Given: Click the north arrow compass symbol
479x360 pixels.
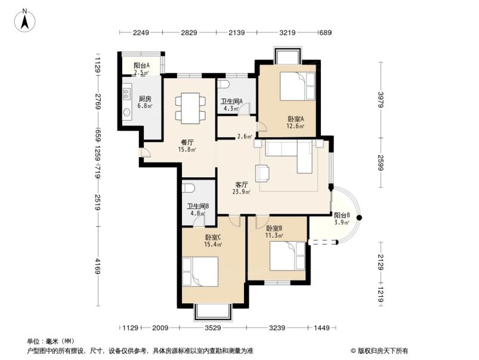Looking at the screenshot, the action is coord(24,20).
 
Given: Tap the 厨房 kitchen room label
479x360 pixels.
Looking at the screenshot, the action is coord(145,99).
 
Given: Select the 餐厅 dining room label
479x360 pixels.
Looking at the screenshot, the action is coord(187,142).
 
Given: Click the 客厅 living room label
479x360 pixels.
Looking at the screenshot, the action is coord(242,184).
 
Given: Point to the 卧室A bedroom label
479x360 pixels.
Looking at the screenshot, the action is coord(295,119).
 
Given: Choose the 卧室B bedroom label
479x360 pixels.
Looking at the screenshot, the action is coord(274,228).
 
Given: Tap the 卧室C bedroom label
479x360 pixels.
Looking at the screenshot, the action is coord(213,237).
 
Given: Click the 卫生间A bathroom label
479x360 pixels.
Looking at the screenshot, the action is coord(231,101).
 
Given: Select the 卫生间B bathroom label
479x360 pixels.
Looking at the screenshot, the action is coord(198,207).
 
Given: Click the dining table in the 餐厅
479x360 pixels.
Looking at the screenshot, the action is coord(190,108).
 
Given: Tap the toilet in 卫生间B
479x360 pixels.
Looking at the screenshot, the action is coord(188,188).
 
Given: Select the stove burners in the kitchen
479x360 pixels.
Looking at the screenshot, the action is coord(127,94).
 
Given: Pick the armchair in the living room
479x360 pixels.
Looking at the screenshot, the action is coord(262,173).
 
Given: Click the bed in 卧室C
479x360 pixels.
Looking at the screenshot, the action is coord(200,272).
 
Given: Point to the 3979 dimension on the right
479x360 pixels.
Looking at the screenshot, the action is coord(381,100).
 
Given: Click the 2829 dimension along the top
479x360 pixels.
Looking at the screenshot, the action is coord(189,32).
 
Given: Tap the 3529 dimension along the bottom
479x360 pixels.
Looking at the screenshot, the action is coord(212,328).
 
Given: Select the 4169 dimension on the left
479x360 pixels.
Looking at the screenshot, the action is coord(97,266).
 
